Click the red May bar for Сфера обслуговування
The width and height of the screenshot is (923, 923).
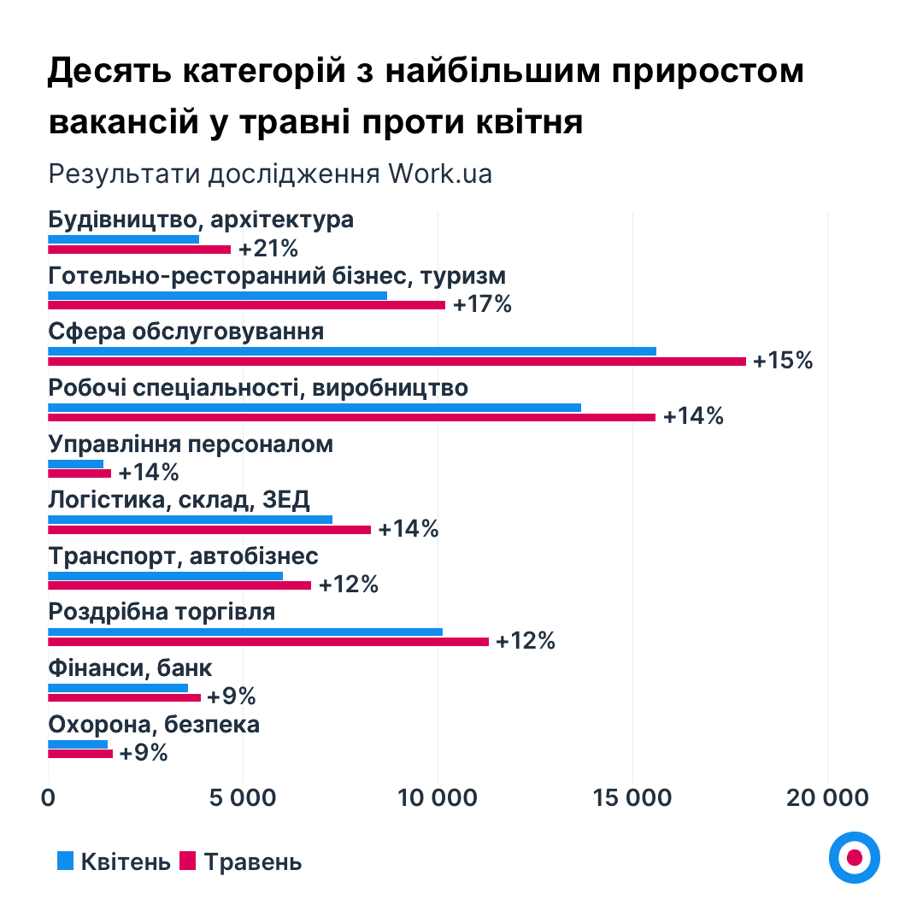pyautogui.click(x=397, y=362)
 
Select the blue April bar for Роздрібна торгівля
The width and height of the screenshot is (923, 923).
pyautogui.click(x=245, y=632)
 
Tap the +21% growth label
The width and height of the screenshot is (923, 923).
pyautogui.click(x=268, y=249)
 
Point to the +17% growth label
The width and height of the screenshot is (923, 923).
pyautogui.click(x=482, y=305)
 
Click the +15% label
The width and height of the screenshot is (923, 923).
pyautogui.click(x=783, y=361)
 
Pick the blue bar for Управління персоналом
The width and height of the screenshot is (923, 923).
pyautogui.click(x=75, y=463)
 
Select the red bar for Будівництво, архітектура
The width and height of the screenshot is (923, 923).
pyautogui.click(x=139, y=250)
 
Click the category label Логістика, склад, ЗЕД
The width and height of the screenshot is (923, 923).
pyautogui.click(x=179, y=500)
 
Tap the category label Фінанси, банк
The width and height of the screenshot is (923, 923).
pyautogui.click(x=130, y=668)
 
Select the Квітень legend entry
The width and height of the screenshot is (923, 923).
pyautogui.click(x=114, y=861)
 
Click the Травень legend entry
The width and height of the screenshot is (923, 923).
pyautogui.click(x=241, y=861)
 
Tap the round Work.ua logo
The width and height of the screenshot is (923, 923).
pyautogui.click(x=854, y=856)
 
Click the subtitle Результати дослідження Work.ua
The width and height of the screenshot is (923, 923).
pyautogui.click(x=270, y=173)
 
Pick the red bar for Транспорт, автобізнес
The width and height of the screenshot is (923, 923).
pyautogui.click(x=179, y=585)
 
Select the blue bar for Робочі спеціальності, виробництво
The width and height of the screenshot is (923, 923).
pyautogui.click(x=315, y=407)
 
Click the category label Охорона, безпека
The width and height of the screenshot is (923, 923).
pyautogui.click(x=154, y=725)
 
